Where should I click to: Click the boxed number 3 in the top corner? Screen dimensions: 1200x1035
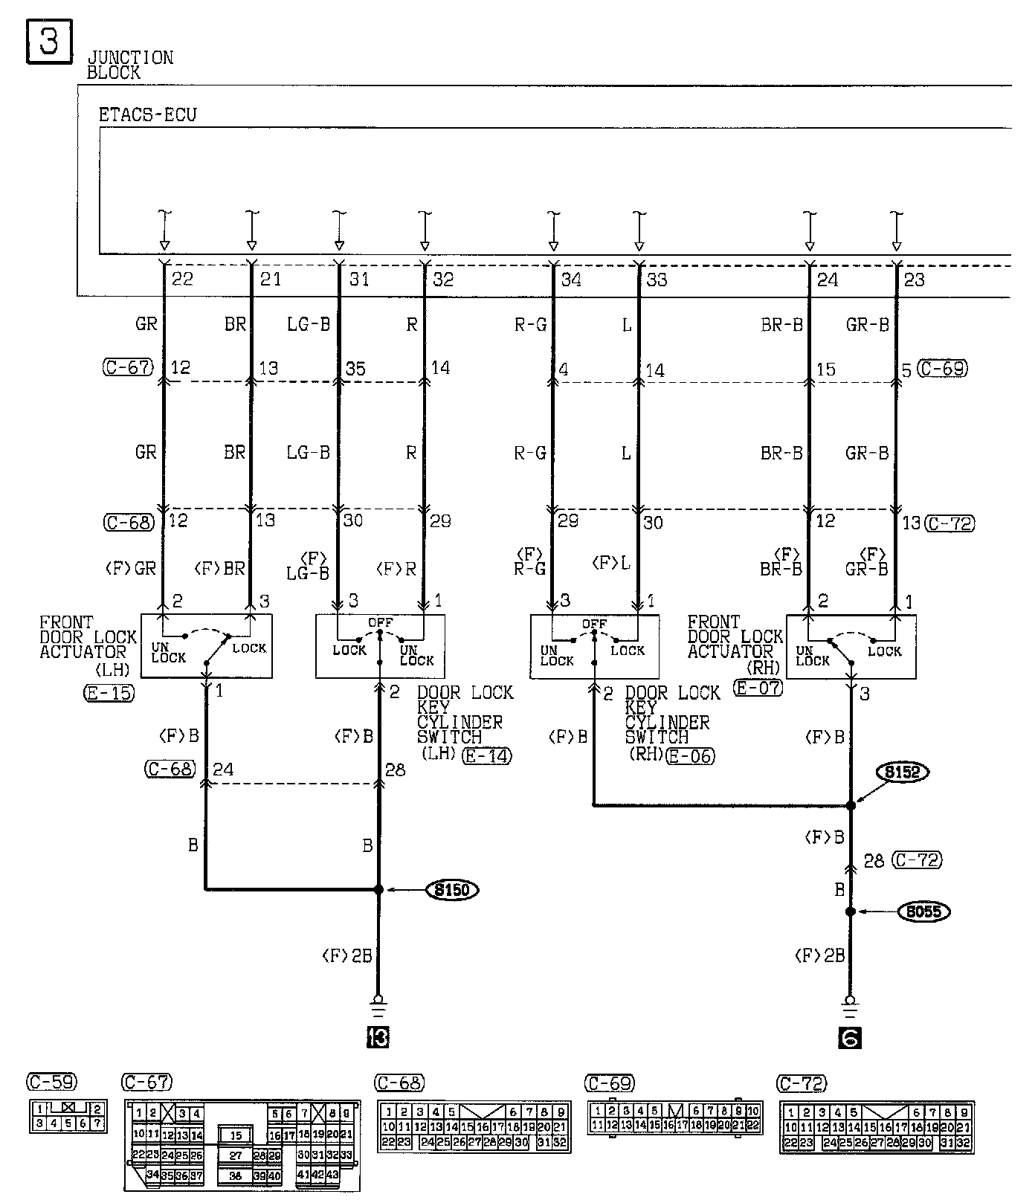coord(49,41)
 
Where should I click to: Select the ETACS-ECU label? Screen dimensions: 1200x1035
coord(147,115)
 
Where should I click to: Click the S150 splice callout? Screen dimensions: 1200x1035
coord(451,890)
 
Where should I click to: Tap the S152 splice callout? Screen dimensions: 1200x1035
coord(902,772)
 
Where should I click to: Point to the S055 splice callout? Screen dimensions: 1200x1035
coord(923,912)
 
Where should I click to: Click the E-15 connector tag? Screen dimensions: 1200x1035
coord(109,694)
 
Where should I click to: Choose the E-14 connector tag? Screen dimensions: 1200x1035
coord(487,756)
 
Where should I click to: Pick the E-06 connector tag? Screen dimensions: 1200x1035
coord(690,756)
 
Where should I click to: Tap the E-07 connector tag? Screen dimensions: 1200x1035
coord(758,688)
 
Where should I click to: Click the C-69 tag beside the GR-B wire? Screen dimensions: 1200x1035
coord(943,368)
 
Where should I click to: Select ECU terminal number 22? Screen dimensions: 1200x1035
coord(182,280)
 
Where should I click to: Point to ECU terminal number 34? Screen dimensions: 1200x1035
coord(571,280)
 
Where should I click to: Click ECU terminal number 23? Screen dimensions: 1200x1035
coord(915,280)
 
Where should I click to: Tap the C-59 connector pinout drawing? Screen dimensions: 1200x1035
coord(66,1115)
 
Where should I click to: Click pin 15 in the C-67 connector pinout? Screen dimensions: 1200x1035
coord(235,1135)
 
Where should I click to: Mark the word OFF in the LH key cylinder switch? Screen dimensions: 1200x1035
coord(380,622)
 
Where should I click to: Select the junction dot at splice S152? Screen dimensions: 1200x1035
coord(851,805)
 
